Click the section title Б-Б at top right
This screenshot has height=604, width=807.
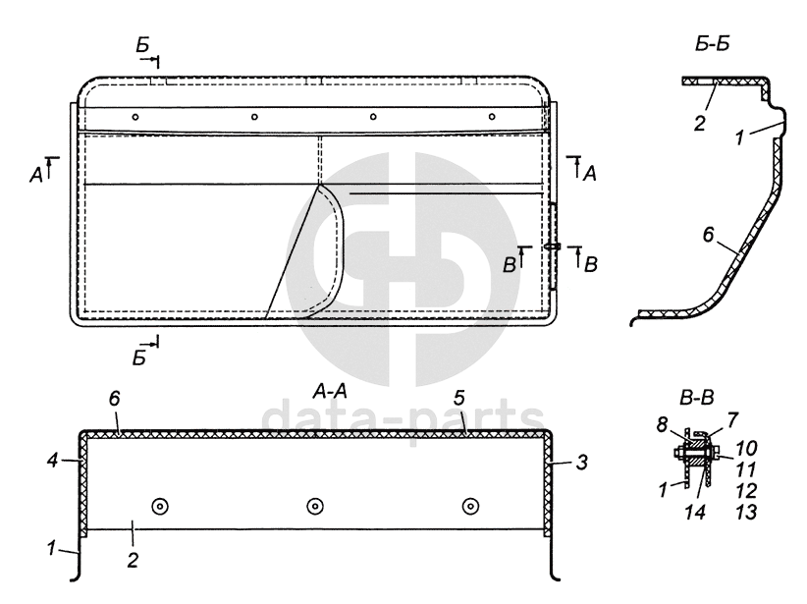[712, 44]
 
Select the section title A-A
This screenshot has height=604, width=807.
[330, 392]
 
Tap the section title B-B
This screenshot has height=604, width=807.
[697, 398]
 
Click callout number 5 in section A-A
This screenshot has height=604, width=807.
[459, 398]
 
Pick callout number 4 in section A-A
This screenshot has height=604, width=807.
[53, 460]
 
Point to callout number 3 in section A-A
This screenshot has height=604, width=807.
[581, 462]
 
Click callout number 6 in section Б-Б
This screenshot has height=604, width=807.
[708, 235]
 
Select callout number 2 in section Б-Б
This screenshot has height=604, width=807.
[699, 124]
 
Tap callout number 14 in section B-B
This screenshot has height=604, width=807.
[695, 512]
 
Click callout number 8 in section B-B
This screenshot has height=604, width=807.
[662, 425]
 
